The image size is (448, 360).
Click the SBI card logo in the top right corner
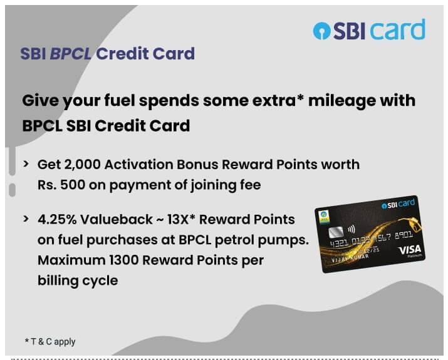pyautogui.click(x=369, y=30)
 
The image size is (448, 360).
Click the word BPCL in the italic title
pyautogui.click(x=71, y=53)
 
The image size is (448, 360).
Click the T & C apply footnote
pyautogui.click(x=50, y=341)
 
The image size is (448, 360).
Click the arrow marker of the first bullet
pyautogui.click(x=26, y=164)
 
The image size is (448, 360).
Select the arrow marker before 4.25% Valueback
pyautogui.click(x=26, y=220)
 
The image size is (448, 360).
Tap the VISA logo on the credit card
pyautogui.click(x=410, y=250)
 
